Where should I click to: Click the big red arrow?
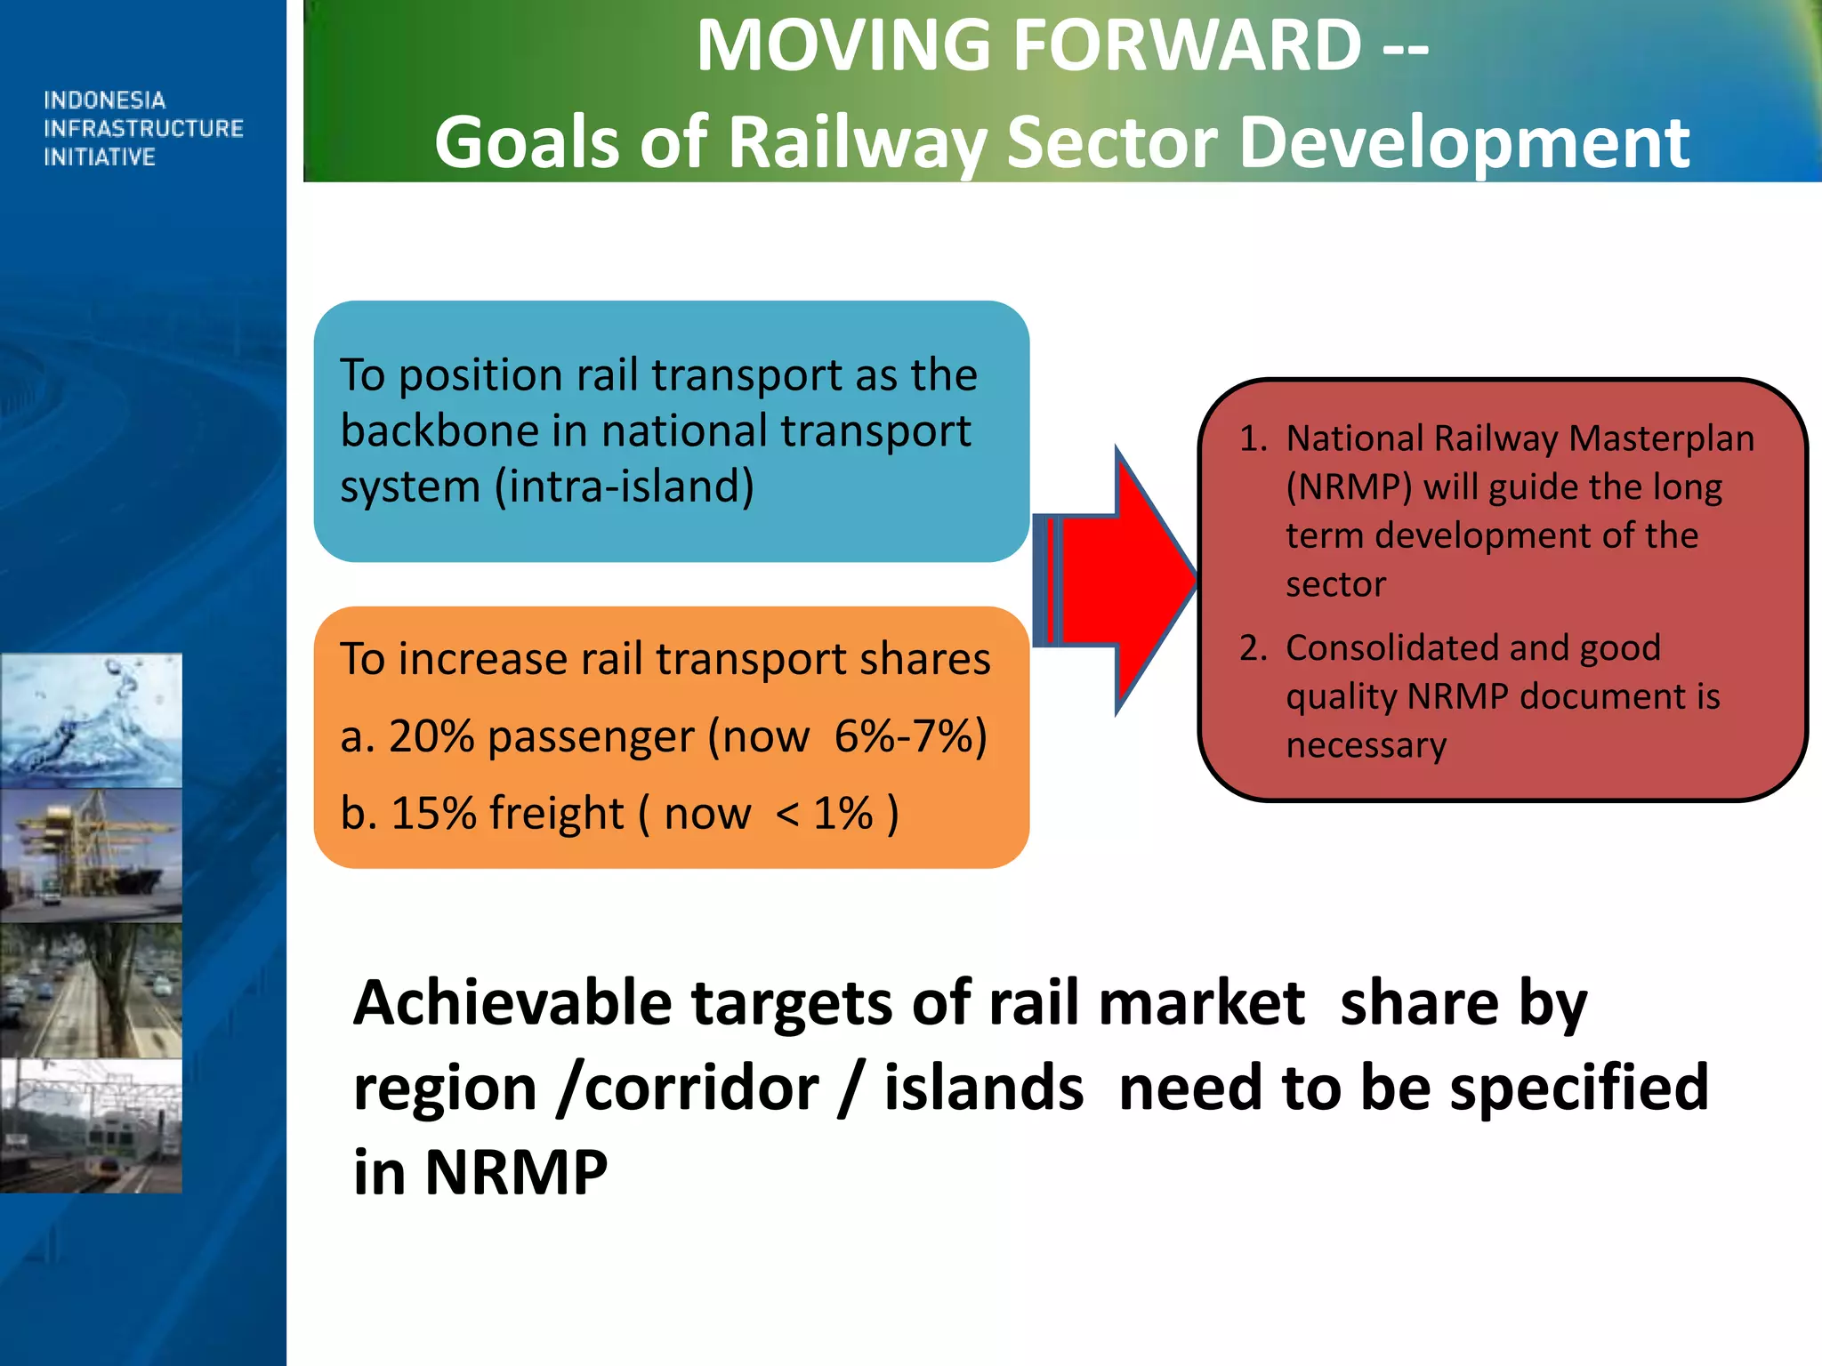click(1125, 581)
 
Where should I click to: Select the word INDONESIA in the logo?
click(104, 100)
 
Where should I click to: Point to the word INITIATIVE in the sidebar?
click(100, 157)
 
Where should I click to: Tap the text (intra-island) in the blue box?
click(625, 487)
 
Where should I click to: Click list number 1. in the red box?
click(1253, 438)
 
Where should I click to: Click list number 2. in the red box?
click(1253, 647)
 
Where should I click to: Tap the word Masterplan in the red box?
click(1660, 438)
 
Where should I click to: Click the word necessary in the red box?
click(1366, 745)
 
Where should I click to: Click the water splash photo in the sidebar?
click(91, 720)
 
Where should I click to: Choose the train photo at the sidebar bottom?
click(91, 1126)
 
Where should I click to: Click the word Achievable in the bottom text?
click(512, 1003)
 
